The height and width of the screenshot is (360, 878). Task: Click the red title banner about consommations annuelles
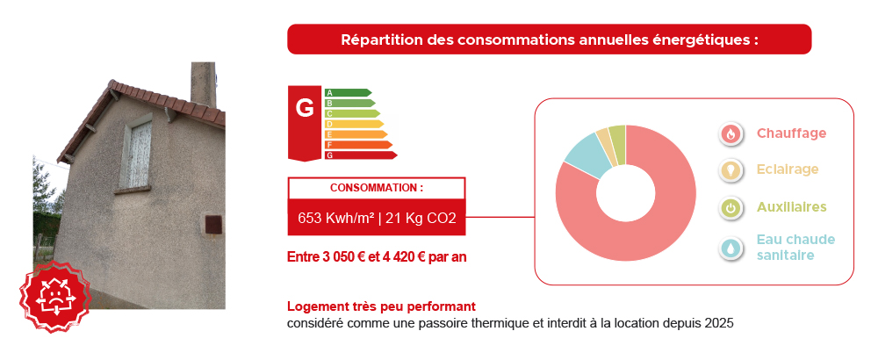[549, 40]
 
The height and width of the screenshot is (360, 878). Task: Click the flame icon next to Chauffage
[730, 133]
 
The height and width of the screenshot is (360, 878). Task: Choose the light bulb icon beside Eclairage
[730, 169]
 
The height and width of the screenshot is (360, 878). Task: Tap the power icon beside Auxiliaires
[730, 208]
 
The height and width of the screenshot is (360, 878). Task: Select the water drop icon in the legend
[730, 248]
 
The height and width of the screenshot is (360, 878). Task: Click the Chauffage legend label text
[791, 133]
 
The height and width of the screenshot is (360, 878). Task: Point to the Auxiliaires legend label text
[791, 207]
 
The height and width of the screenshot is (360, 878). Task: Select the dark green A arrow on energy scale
[348, 92]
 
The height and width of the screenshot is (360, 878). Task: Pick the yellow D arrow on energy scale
[354, 124]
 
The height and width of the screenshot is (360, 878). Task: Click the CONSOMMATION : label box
[377, 188]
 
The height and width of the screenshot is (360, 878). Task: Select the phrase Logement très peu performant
[381, 306]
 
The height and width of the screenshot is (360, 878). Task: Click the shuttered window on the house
[135, 154]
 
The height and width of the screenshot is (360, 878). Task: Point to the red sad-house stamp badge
[54, 296]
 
